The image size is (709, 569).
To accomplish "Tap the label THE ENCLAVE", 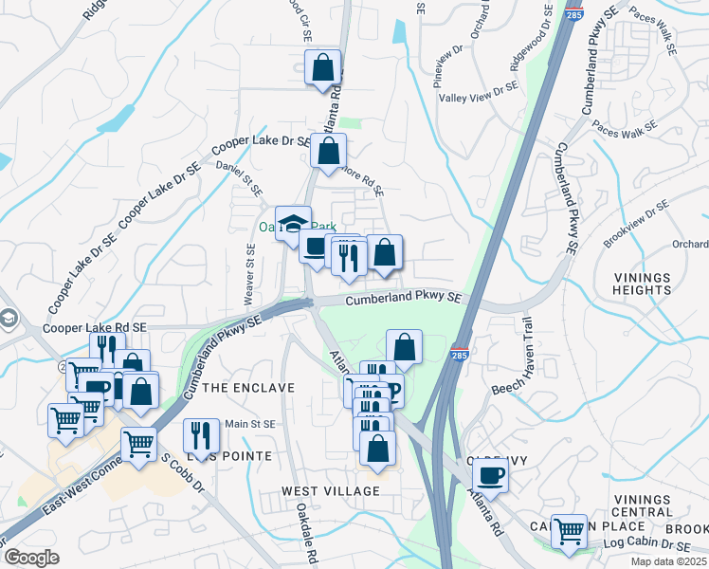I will pyautogui.click(x=249, y=388).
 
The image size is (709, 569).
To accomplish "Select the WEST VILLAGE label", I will pyautogui.click(x=330, y=491).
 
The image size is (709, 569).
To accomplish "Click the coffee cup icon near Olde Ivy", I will pyautogui.click(x=490, y=473).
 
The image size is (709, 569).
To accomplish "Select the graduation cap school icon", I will pyautogui.click(x=294, y=224).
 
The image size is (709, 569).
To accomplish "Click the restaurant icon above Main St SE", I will pyautogui.click(x=201, y=435).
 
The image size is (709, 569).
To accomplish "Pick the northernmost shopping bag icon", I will pyautogui.click(x=323, y=67).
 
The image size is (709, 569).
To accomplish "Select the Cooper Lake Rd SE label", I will pyautogui.click(x=96, y=327).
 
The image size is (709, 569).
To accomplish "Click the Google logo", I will pyautogui.click(x=31, y=558).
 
